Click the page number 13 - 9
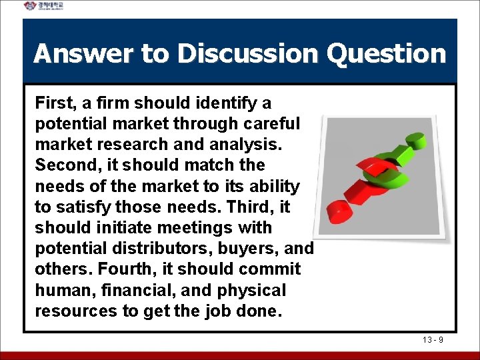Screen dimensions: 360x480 tap(433, 341)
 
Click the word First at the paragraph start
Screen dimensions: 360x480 tap(55, 103)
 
